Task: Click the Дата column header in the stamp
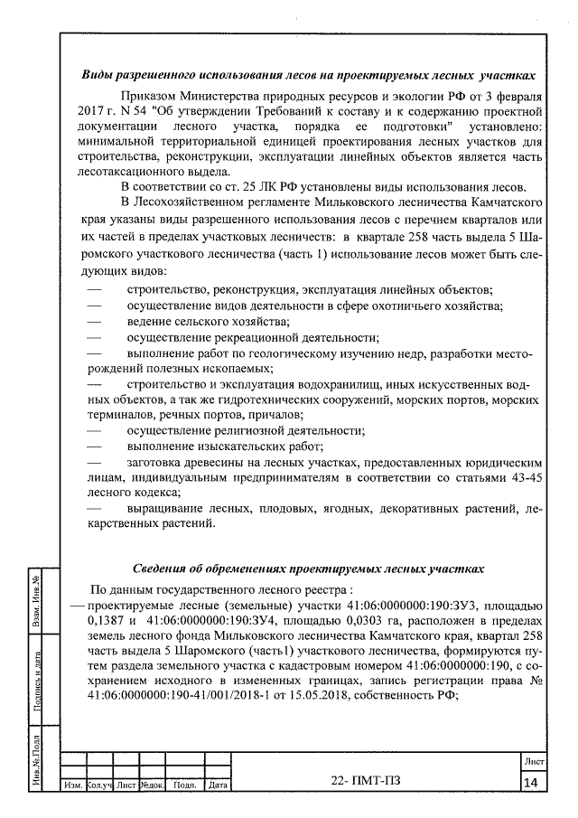[217, 785]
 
